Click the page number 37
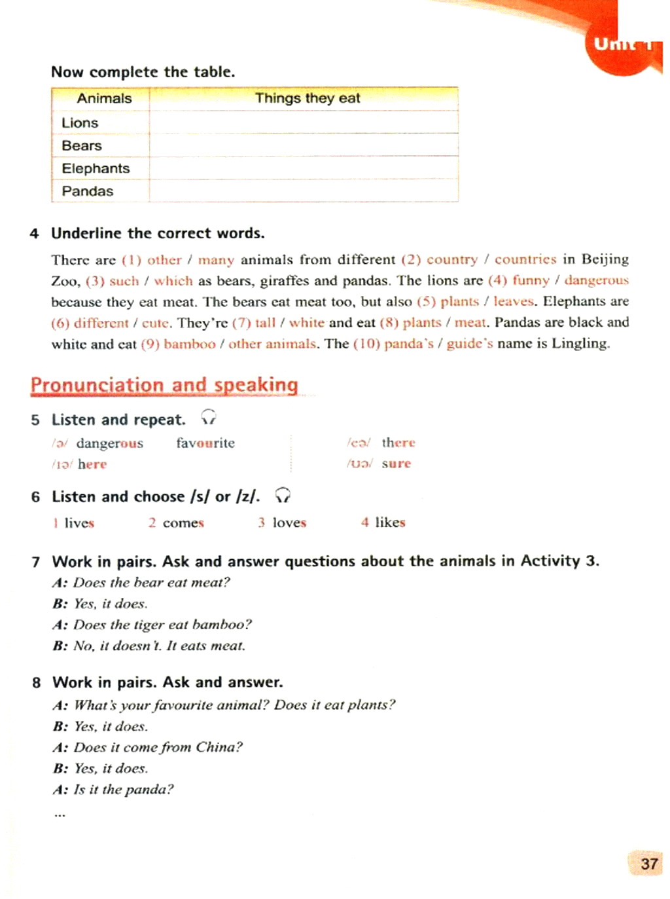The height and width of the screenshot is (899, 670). coord(648,864)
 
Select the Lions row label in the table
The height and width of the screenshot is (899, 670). coord(80,123)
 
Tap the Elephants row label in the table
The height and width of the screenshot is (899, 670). coord(96,168)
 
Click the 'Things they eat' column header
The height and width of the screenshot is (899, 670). coord(307,98)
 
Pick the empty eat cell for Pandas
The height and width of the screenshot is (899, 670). coord(304,191)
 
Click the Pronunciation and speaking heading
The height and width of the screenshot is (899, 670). coord(164,384)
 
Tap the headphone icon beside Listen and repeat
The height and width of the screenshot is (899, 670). coord(209,417)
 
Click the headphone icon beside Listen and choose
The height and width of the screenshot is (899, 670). coord(283,495)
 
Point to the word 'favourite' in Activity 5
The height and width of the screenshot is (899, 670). coord(205,443)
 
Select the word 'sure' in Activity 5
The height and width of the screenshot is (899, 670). coord(396,464)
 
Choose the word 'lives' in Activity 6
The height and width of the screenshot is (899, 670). coord(79,523)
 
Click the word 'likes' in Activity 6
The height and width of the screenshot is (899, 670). coord(390,523)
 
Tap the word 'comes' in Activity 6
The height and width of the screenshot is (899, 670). coord(183,523)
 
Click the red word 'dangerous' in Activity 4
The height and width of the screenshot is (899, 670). coord(596,280)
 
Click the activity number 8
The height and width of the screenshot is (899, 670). coord(36,683)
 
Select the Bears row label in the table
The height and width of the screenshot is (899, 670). coord(82,146)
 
